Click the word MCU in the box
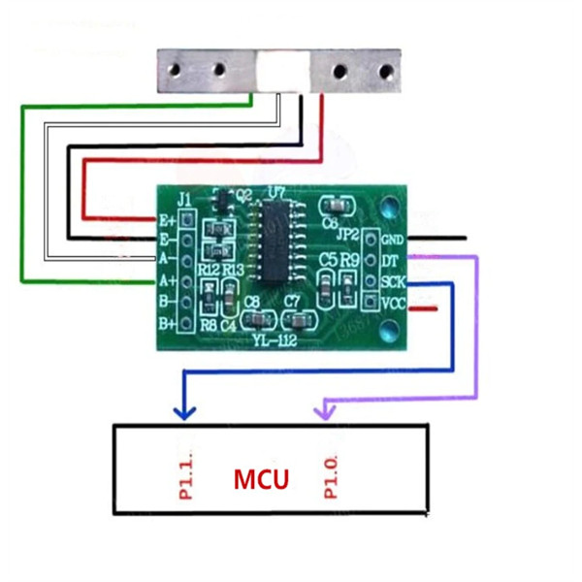tap(260, 479)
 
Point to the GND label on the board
tap(393, 240)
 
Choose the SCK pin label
tap(393, 282)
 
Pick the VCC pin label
tap(393, 303)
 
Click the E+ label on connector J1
tap(167, 220)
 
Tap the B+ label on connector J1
tap(167, 322)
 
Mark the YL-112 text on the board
tap(274, 339)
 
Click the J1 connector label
tap(184, 201)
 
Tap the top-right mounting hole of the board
tap(390, 207)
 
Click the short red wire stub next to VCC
tap(423, 308)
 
